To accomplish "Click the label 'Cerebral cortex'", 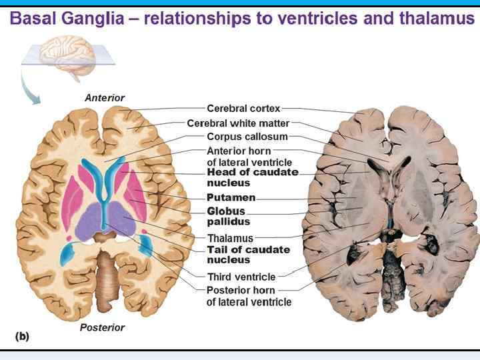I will tap(243, 108).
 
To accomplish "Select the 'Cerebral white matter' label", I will tap(238, 123).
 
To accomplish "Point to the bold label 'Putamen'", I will tap(231, 198).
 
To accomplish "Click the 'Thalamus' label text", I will tap(231, 238).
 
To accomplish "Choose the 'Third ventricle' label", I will tap(241, 277).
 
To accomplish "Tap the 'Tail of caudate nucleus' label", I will tap(249, 255).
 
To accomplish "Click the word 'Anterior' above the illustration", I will tap(105, 98).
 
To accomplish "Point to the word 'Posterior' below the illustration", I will tap(102, 327).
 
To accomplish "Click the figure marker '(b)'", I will tap(21, 337).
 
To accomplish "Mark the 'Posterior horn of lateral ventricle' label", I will tap(249, 296).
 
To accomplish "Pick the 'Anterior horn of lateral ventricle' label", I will tap(249, 157).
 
